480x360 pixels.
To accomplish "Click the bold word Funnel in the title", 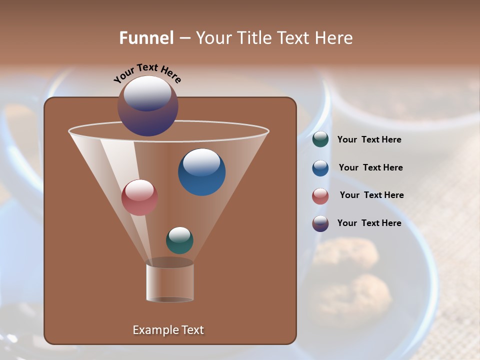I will tap(146, 38).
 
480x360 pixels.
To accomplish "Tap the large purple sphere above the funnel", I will tap(148, 106).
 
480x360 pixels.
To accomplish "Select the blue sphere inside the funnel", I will tap(201, 172).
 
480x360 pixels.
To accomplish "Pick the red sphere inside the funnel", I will tap(139, 197).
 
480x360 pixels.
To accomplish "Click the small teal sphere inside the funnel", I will tap(179, 240).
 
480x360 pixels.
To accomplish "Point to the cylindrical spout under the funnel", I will tap(170, 282).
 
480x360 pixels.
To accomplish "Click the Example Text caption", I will tap(168, 330).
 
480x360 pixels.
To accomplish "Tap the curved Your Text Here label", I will tap(147, 72).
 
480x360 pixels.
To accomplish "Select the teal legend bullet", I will tap(320, 139).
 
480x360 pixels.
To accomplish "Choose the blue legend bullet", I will tap(320, 167).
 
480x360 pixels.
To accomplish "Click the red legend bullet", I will tap(320, 195).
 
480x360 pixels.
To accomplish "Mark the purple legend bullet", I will tap(320, 223).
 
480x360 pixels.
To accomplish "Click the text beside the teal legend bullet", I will tap(369, 140).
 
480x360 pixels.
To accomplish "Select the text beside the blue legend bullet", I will tap(370, 168).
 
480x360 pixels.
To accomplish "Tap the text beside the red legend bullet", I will tap(371, 195).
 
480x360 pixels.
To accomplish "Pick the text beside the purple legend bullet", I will tap(369, 223).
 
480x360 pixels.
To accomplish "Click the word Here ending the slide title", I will tap(335, 38).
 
